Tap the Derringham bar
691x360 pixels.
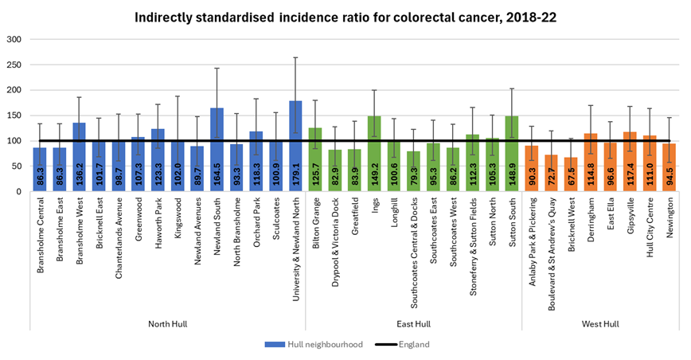pos(591,163)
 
